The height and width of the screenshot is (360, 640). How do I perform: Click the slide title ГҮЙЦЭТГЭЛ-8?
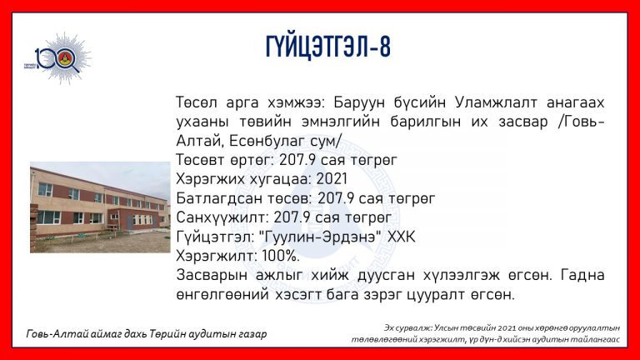[x=328, y=47]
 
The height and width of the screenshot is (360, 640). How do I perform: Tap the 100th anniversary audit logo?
[x=58, y=59]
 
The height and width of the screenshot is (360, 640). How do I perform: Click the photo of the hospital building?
[x=100, y=207]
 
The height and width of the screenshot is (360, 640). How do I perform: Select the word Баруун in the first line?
[x=359, y=102]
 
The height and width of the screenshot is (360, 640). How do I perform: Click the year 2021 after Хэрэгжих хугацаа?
[x=332, y=179]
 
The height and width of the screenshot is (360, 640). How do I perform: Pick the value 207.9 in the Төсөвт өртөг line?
[x=297, y=160]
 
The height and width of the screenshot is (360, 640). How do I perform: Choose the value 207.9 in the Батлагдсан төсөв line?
[x=336, y=198]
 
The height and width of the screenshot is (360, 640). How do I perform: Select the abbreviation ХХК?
[x=401, y=237]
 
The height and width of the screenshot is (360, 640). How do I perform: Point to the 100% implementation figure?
[x=281, y=256]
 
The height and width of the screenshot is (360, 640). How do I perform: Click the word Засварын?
[x=212, y=276]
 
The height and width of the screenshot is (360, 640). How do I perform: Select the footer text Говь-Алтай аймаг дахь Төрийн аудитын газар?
[x=147, y=334]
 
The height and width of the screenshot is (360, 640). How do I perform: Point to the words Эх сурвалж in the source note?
[x=407, y=327]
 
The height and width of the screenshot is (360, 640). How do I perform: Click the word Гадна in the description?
[x=582, y=275]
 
